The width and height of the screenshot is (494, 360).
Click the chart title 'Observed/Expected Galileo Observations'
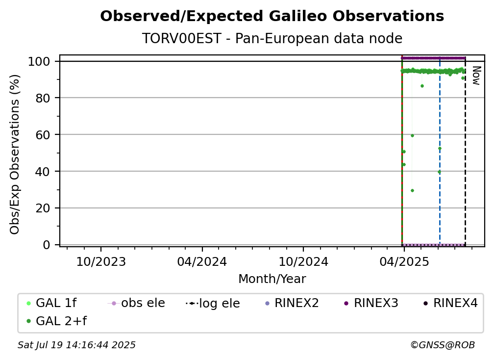[x=272, y=16]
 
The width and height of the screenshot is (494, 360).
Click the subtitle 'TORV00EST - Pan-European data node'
[x=272, y=38]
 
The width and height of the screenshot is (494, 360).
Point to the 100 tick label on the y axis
[x=39, y=61]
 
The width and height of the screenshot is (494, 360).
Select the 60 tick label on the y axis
[x=43, y=135]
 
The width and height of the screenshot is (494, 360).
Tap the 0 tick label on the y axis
[x=47, y=245]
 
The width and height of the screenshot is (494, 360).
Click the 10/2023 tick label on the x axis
[x=101, y=261]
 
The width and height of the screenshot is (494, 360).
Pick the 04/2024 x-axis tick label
[x=202, y=261]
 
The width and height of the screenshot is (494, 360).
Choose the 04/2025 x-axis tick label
[x=404, y=261]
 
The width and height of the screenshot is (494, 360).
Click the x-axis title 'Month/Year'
[x=272, y=279]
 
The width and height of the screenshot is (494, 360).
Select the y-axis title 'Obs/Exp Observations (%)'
[x=15, y=154]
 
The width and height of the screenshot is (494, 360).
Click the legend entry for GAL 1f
[x=51, y=303]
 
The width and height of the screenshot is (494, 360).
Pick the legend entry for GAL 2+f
[x=56, y=321]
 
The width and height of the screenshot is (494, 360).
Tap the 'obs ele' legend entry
[x=136, y=303]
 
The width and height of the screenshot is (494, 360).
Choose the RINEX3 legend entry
[x=371, y=303]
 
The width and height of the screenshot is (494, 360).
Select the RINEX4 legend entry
[x=450, y=303]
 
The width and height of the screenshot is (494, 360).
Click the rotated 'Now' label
[x=476, y=76]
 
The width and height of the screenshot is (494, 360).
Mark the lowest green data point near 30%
[x=413, y=190]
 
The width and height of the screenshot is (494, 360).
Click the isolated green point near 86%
[x=422, y=86]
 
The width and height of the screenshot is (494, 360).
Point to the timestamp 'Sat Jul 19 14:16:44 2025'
[x=76, y=345]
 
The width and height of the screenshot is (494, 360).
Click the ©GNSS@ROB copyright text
[x=443, y=345]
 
